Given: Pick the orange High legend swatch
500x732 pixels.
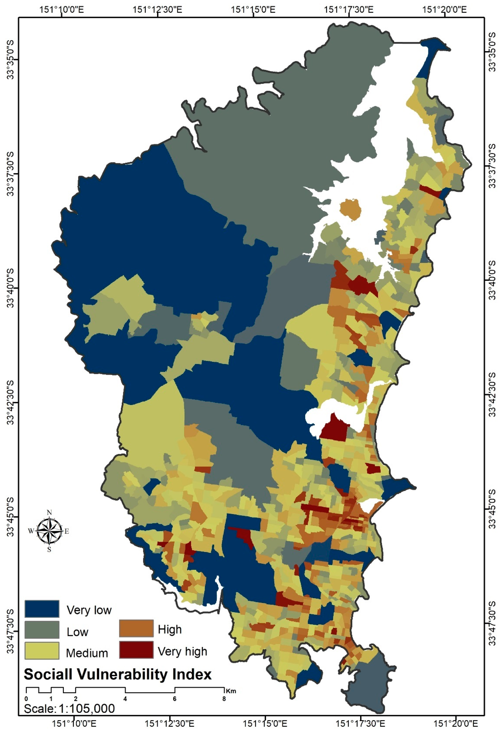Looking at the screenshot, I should click(x=136, y=628).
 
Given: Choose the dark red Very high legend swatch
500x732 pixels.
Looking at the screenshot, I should click(x=136, y=650).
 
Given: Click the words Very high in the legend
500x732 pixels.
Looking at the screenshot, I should click(x=182, y=651).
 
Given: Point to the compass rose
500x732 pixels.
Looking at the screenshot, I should click(x=49, y=531).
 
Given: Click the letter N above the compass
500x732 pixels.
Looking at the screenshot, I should click(x=49, y=513).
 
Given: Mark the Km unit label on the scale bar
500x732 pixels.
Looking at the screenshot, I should click(x=230, y=691).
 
